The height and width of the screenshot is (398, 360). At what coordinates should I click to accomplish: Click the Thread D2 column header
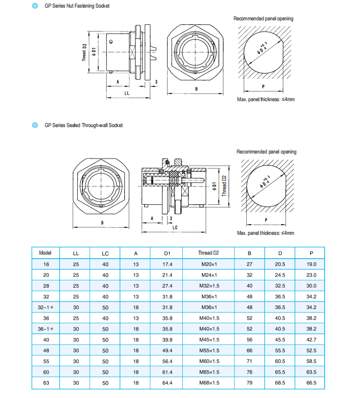(208, 253)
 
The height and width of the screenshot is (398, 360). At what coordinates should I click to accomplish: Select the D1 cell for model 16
(168, 264)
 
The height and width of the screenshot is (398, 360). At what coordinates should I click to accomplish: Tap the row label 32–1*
(46, 308)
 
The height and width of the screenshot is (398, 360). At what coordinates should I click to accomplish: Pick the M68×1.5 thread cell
(209, 383)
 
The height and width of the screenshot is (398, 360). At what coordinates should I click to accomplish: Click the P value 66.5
(311, 383)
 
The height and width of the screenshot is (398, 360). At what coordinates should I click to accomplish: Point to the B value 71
(249, 361)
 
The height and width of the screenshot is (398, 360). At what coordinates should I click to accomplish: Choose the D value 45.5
(280, 340)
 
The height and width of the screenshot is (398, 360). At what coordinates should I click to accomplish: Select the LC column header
(105, 254)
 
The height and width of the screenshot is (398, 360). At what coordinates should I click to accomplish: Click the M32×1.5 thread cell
(209, 286)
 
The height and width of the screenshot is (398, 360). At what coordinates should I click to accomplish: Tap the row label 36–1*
(46, 329)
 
